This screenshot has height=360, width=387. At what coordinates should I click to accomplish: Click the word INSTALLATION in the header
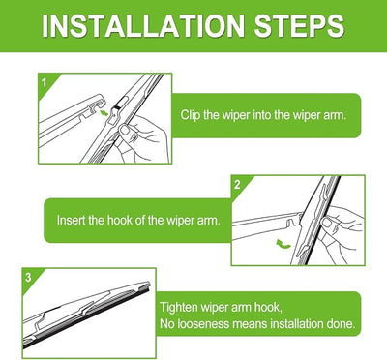coord(143,26)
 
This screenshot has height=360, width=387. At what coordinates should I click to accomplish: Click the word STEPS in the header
coord(299,26)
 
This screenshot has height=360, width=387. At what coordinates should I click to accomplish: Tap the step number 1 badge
coord(45,82)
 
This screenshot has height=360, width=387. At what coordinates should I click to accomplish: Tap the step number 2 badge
coord(237,185)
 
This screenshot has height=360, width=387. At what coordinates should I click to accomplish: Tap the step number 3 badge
coord(28,278)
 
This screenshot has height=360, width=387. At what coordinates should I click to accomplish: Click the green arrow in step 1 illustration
coord(104,113)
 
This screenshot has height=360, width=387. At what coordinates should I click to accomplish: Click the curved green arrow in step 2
coord(283,244)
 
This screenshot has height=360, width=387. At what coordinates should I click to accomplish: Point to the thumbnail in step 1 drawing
coord(125,130)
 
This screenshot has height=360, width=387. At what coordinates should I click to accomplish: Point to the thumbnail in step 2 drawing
coord(327,222)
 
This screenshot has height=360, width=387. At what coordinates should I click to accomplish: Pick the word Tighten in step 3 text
coord(179,307)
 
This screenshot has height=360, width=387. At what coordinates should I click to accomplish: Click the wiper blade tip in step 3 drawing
coord(148,285)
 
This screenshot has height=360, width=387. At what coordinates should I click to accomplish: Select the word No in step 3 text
coord(167,323)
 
